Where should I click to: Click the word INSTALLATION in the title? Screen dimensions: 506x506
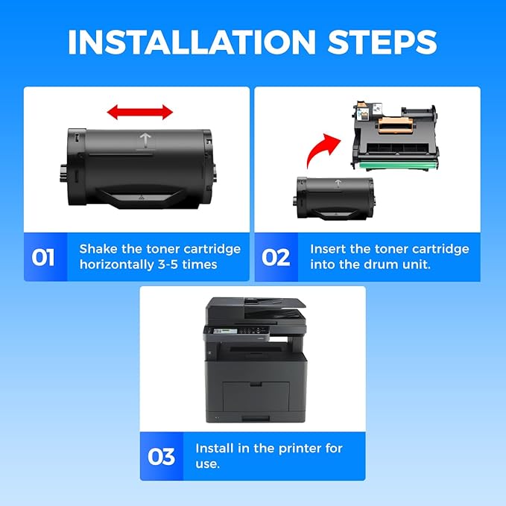click(x=192, y=42)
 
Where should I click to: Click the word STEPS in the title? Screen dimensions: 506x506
click(x=382, y=42)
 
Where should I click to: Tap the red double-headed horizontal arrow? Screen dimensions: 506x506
click(x=140, y=112)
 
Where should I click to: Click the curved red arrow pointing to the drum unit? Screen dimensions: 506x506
click(x=323, y=149)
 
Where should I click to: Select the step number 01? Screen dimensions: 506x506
click(x=43, y=257)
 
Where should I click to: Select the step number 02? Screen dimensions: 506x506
click(x=276, y=257)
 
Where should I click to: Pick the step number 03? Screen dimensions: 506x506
click(x=161, y=456)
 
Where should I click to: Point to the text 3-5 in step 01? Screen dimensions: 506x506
click(x=168, y=265)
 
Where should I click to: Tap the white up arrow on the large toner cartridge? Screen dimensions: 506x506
click(x=145, y=141)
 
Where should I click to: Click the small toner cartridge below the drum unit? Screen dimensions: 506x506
click(x=335, y=197)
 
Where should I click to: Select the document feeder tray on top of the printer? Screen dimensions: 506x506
click(x=274, y=303)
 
